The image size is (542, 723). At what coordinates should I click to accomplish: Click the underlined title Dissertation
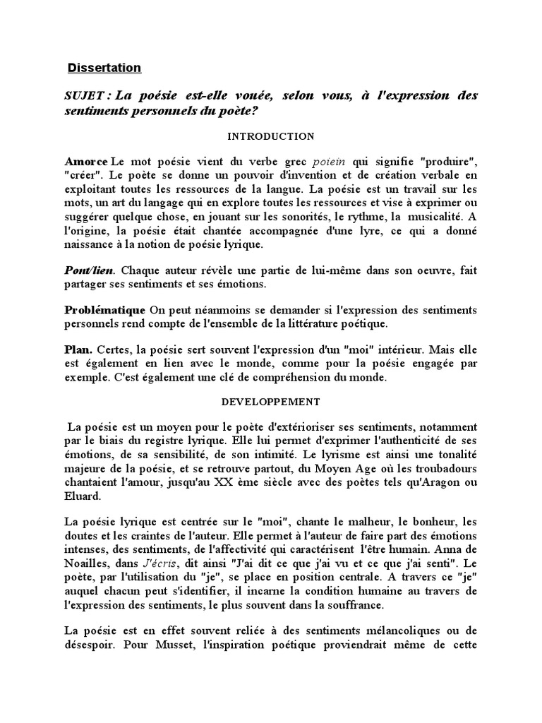point(104,68)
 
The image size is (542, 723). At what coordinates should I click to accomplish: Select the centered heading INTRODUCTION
point(271,136)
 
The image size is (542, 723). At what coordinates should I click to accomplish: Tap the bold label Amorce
point(86,161)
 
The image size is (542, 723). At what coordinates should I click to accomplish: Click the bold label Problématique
point(105,310)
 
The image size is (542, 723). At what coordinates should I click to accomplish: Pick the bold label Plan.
point(78,350)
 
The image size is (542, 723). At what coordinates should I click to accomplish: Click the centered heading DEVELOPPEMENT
point(271,402)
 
